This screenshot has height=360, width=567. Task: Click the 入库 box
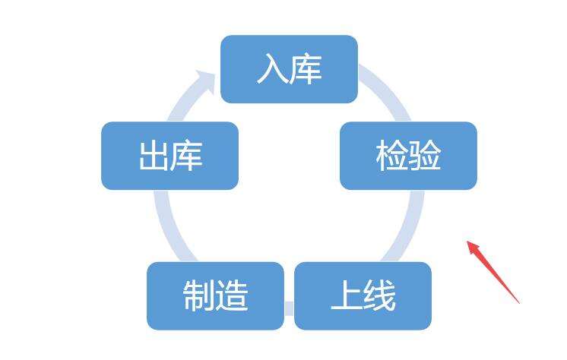289,69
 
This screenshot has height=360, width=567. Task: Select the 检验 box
408,156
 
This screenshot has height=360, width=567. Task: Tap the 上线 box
363,296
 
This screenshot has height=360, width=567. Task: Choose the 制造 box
216,296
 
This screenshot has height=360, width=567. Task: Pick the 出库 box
169,156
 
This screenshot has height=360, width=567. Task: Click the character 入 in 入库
272,69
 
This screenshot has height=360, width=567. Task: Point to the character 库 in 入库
306,69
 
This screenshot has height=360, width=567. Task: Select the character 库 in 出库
186,156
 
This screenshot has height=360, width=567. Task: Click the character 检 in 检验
391,156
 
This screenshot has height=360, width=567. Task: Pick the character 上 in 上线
346,296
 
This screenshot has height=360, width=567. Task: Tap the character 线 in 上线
380,296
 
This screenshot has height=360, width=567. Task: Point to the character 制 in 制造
199,296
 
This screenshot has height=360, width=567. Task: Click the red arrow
493,272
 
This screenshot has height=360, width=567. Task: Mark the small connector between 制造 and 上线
289,308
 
